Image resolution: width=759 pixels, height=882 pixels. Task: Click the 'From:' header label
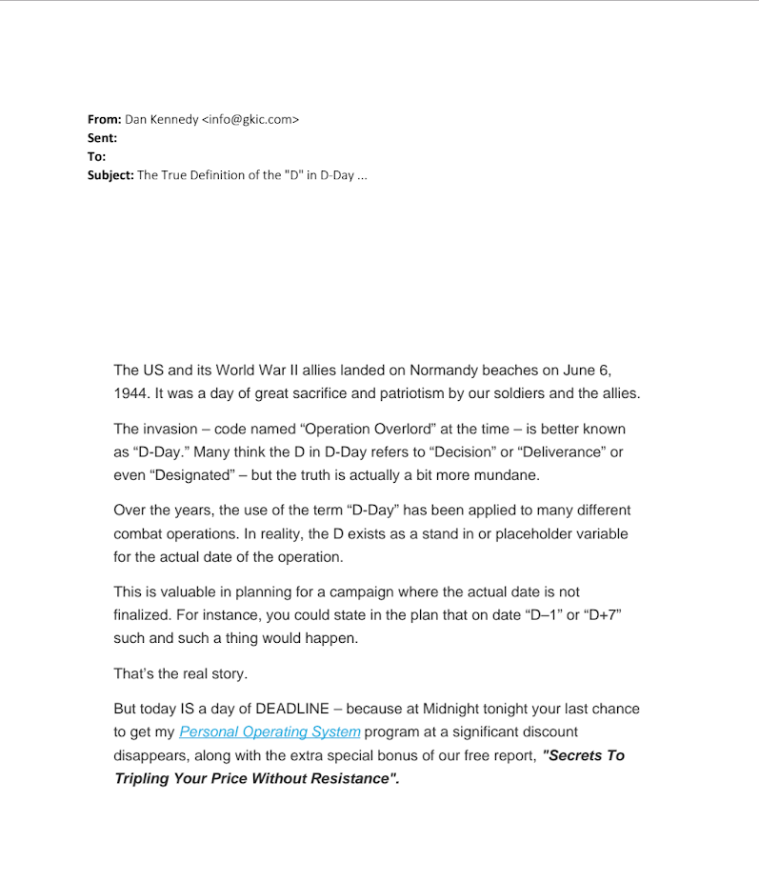104,119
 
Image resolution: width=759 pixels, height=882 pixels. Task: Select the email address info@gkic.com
250,119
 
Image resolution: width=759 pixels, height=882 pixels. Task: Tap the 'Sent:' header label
102,138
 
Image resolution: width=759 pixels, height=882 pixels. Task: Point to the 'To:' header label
97,156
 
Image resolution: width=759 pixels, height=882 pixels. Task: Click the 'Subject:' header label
110,175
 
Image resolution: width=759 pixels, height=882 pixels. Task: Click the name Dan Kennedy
161,119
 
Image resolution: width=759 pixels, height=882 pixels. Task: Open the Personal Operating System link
270,732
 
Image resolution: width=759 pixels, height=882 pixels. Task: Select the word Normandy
446,370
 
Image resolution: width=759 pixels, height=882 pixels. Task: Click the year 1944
130,393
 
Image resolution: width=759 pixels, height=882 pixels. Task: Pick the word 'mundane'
509,475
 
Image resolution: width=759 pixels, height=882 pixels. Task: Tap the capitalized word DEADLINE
280,709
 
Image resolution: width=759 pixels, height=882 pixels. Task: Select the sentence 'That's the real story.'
180,673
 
